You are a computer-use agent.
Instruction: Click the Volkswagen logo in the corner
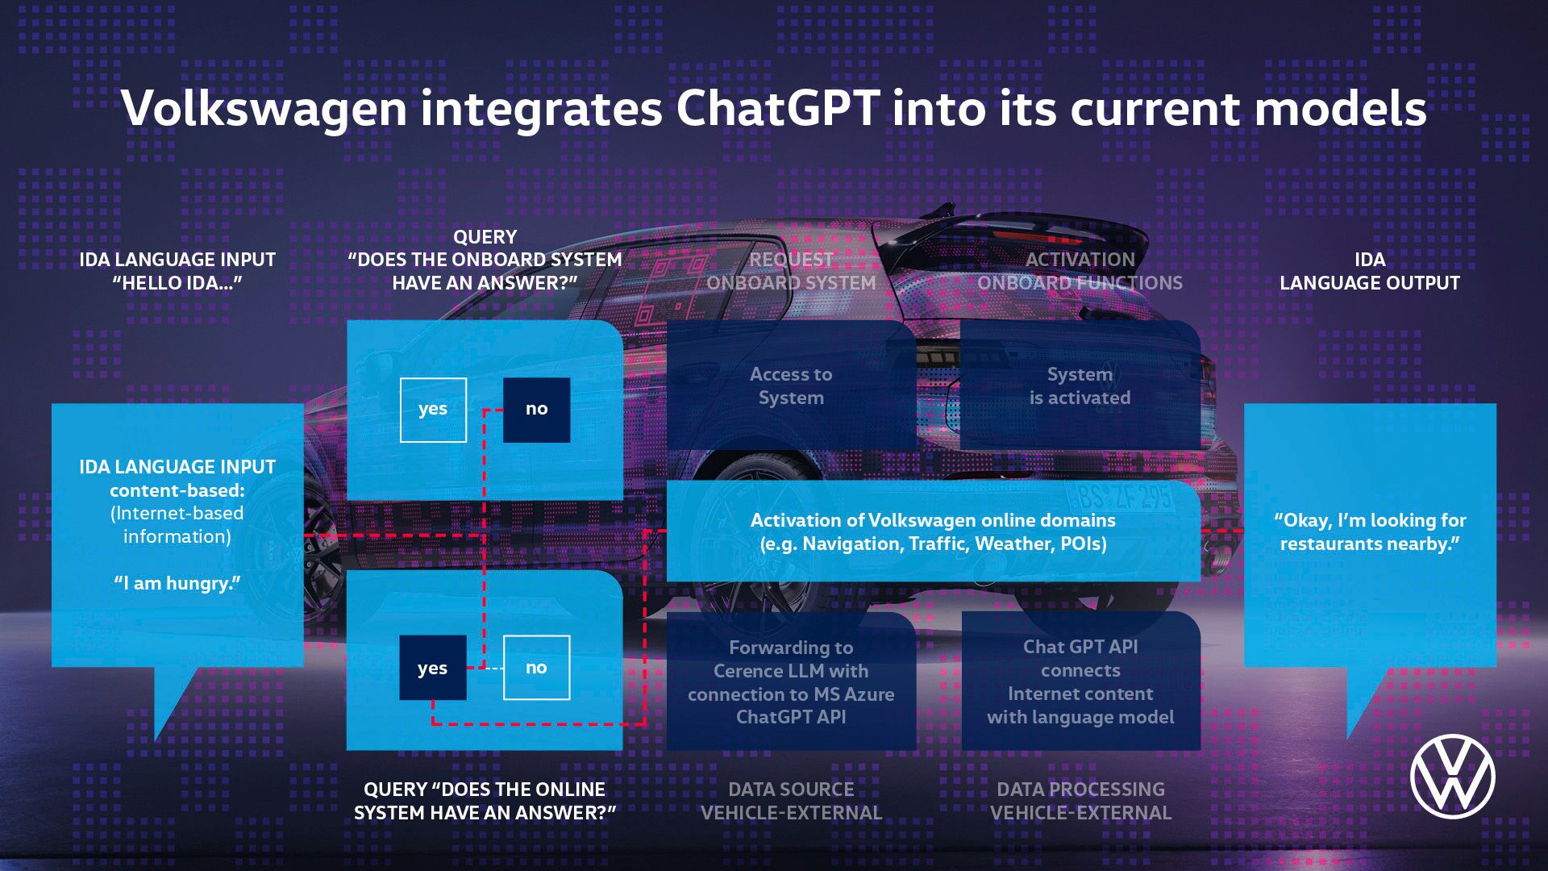[x=1453, y=776]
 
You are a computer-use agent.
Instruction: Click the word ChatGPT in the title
[x=777, y=108]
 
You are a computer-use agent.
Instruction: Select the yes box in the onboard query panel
[x=433, y=410]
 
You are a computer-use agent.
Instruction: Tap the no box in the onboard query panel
[x=536, y=410]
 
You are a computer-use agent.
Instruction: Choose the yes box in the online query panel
[x=433, y=668]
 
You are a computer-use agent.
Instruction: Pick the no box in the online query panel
[x=536, y=668]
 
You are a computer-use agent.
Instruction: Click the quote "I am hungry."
[x=177, y=583]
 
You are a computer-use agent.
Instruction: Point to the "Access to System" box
[x=791, y=385]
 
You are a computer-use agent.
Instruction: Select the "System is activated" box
[x=1080, y=385]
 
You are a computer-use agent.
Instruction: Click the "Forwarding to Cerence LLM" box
[x=791, y=681]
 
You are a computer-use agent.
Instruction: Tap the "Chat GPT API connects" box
[x=1080, y=681]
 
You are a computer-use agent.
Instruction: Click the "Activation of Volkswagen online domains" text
[x=933, y=532]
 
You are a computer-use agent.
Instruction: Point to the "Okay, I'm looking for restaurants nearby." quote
[x=1370, y=532]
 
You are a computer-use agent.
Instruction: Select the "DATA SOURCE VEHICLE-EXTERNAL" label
[x=791, y=801]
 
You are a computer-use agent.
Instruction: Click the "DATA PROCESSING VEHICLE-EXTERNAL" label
[x=1080, y=801]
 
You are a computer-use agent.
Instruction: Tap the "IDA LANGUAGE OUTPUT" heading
[x=1370, y=271]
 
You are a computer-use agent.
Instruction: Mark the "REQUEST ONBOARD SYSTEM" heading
[x=791, y=271]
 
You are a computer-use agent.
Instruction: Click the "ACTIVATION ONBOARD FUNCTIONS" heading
[x=1080, y=271]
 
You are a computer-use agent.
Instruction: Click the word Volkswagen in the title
[x=264, y=108]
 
